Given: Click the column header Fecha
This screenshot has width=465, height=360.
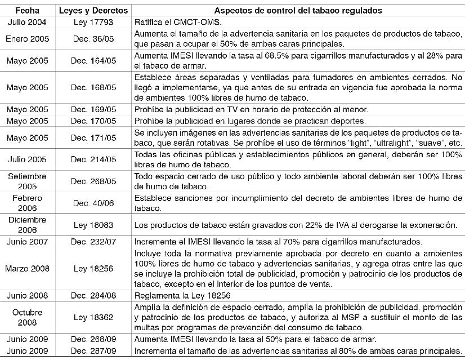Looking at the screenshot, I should tap(27, 11).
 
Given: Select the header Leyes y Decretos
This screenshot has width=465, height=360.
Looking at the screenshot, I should tap(93, 11).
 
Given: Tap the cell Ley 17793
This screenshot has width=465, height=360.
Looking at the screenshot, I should tap(93, 22).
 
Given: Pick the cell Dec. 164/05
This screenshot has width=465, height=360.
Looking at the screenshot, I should tap(93, 60).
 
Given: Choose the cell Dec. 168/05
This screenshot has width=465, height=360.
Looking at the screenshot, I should tap(93, 88).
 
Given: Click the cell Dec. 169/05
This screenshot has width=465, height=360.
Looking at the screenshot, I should tap(93, 110).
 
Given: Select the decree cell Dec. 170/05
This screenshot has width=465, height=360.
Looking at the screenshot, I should tap(93, 121).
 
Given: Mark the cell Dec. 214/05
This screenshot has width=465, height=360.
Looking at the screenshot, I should tap(93, 159).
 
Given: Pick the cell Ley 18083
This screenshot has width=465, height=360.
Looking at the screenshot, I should tap(93, 225).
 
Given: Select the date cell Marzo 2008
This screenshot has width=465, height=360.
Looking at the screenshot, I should tap(27, 269).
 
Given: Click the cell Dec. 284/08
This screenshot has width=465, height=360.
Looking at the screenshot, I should tap(93, 295).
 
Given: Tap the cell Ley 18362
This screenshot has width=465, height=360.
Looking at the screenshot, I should tap(93, 317).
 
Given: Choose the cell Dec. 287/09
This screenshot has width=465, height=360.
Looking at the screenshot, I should tap(93, 350).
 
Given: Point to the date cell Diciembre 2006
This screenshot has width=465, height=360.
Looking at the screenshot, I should tap(27, 225).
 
